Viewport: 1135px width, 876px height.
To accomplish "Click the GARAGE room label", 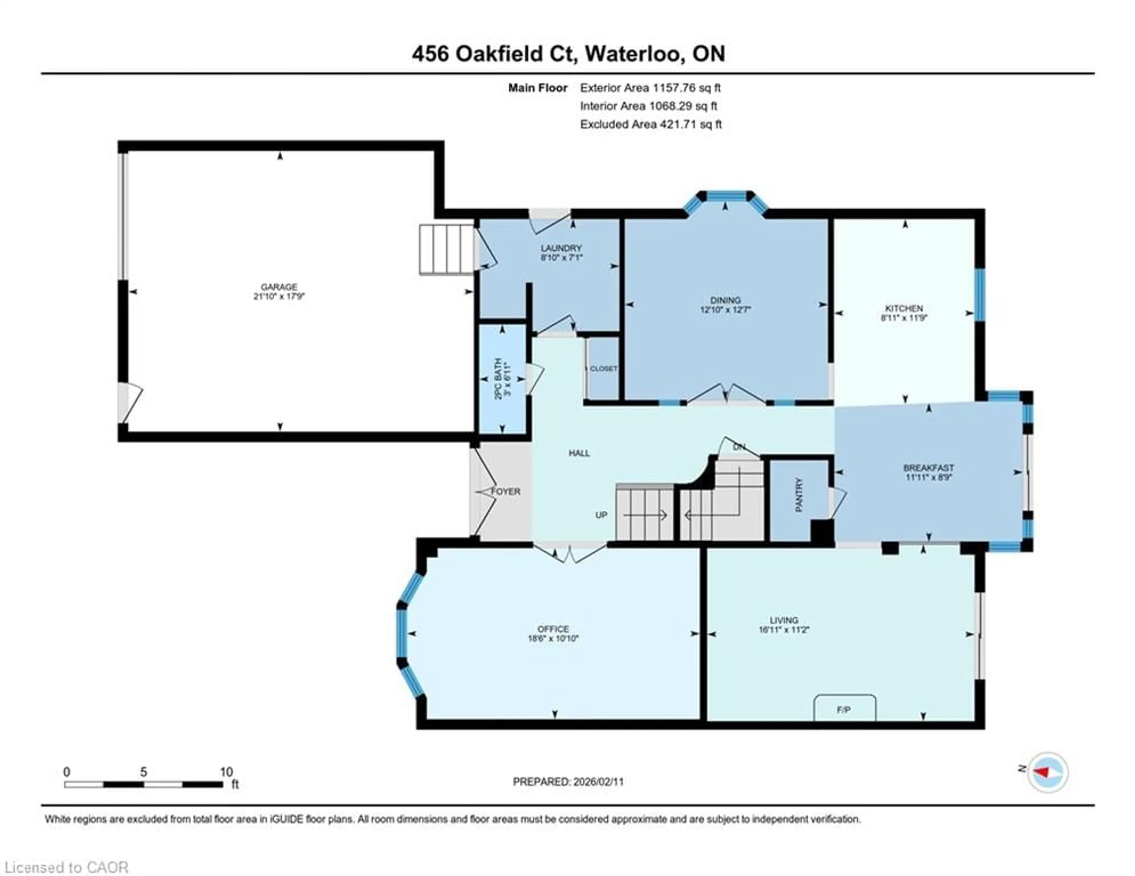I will (279, 287).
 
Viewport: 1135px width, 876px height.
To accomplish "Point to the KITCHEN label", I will (904, 308).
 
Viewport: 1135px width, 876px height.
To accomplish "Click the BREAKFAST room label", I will (928, 468).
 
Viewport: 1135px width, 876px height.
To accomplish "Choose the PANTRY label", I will (799, 495).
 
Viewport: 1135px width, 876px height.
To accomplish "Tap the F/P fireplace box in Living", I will (844, 710).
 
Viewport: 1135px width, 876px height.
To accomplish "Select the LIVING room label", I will (784, 620).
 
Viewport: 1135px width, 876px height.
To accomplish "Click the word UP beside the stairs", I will (601, 515).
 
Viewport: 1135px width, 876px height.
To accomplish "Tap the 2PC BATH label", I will (498, 378).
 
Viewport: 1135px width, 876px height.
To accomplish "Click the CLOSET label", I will (603, 368).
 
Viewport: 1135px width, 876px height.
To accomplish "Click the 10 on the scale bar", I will (226, 772).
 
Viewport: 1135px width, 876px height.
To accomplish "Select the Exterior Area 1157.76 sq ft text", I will (650, 88).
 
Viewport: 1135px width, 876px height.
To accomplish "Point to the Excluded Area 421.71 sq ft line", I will (651, 124).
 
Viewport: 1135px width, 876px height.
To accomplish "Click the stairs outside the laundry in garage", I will (446, 249).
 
